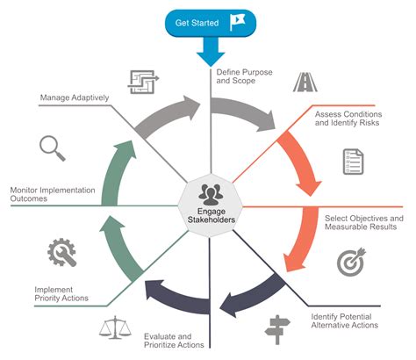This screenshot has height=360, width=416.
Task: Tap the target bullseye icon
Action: click(x=349, y=263)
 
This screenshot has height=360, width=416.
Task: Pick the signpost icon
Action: click(x=277, y=328)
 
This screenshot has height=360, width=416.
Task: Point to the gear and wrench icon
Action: click(x=61, y=252)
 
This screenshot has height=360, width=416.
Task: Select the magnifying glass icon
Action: click(x=53, y=148)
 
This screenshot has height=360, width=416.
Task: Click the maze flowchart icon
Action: click(x=143, y=82)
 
